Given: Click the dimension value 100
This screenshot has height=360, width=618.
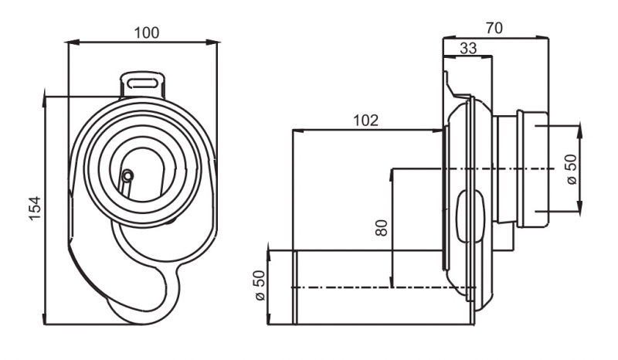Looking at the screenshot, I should pos(146,32).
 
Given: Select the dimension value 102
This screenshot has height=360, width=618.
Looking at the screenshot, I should pos(365,120).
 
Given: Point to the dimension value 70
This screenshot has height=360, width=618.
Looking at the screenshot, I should pos(494,28).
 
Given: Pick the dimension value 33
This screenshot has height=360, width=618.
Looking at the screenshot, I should pos(468,48).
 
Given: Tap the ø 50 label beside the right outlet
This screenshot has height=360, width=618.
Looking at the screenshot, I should pos(572,168).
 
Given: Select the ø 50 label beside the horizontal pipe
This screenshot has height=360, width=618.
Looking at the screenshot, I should pos(259,287).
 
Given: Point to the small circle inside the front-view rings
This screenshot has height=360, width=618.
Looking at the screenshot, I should pos(128,175).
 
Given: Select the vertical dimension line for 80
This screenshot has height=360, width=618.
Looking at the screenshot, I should pos(393,228).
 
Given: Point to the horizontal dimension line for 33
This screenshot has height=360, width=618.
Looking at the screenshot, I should pos(468,57).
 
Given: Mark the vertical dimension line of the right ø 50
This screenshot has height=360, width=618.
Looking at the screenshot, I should pos(581,168).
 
